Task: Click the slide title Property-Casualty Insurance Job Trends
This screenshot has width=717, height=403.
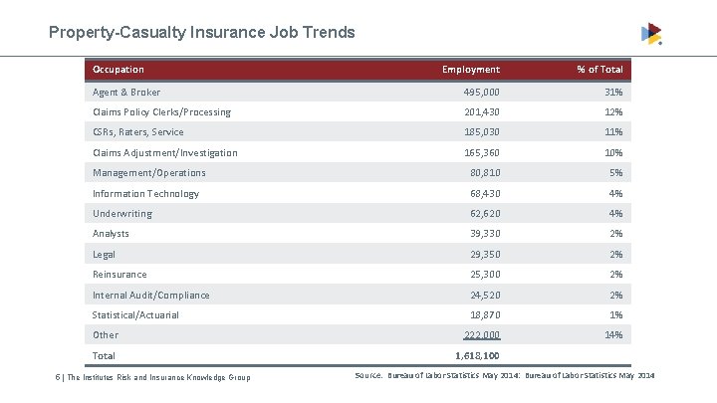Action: click(x=202, y=33)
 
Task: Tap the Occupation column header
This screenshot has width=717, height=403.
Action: click(x=119, y=70)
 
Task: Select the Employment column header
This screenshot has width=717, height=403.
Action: click(x=471, y=70)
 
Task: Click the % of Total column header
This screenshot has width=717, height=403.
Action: click(x=599, y=70)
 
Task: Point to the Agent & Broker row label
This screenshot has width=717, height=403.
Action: click(x=126, y=92)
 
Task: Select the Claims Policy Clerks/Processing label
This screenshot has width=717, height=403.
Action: click(x=161, y=112)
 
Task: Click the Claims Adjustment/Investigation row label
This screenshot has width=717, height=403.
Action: click(x=165, y=153)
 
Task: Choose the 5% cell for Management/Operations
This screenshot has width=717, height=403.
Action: click(x=616, y=173)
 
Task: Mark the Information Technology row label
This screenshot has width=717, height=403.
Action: click(x=145, y=194)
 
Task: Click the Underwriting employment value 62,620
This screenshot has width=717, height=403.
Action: click(x=481, y=214)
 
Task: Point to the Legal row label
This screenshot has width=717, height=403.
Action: click(x=105, y=255)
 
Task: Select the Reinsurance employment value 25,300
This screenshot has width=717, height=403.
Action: click(x=481, y=275)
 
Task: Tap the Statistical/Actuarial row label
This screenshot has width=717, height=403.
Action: click(x=135, y=315)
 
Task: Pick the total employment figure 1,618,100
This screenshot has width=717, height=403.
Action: click(x=477, y=356)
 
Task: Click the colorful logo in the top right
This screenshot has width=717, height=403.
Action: click(x=651, y=34)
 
